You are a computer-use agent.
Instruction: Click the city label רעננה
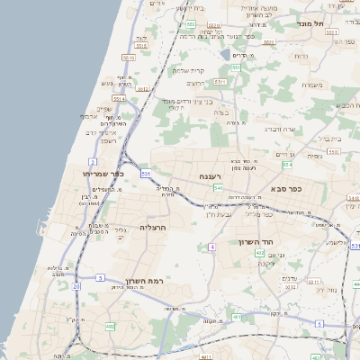coord(219,175)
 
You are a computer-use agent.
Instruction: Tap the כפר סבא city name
coord(284,190)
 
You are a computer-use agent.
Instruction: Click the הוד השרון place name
coord(262,243)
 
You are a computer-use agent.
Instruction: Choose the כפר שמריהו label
coord(88,173)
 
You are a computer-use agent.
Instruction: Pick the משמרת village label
coord(313,85)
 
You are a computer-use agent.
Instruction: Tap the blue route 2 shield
coord(93,162)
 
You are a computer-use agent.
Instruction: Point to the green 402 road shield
coord(260,254)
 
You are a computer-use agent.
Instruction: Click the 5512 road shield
coord(142,89)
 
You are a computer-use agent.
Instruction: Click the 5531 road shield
coord(329,32)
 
